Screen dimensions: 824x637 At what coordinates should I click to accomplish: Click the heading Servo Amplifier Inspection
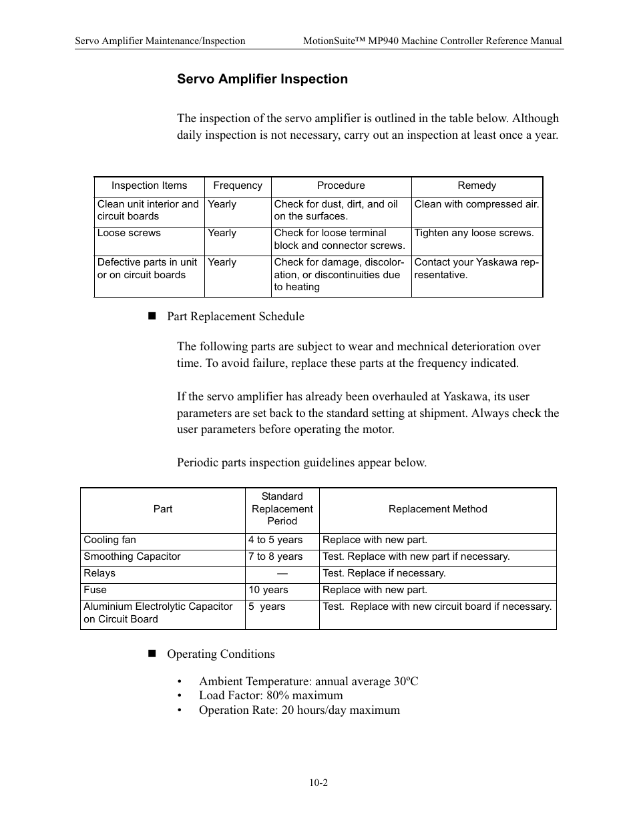[x=262, y=79]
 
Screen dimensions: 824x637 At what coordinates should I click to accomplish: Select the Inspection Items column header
[x=149, y=186]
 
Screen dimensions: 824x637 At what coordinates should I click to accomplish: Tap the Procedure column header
[x=341, y=186]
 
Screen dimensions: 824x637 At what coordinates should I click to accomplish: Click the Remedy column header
[x=477, y=186]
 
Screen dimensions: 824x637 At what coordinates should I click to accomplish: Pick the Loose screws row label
[x=129, y=234]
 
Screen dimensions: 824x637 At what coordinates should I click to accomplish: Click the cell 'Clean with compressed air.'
[x=476, y=205]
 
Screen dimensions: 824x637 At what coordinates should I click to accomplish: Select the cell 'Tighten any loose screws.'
[x=473, y=234]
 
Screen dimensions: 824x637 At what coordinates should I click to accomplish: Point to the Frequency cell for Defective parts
[x=222, y=263]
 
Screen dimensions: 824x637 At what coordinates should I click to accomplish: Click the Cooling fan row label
[x=110, y=540]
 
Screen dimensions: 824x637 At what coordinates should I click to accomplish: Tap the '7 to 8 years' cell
[x=275, y=557]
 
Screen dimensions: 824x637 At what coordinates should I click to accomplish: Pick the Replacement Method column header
[x=437, y=510]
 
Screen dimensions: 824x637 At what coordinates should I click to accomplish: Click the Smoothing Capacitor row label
[x=132, y=557]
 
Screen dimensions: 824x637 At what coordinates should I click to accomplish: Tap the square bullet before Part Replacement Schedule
[x=151, y=316]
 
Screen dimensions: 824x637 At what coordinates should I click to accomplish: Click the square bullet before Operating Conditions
[x=151, y=654]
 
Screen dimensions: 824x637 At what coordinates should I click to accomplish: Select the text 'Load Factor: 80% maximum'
[x=270, y=696]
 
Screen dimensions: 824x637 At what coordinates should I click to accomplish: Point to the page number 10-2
[x=318, y=783]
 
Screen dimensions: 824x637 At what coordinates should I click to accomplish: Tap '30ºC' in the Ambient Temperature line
[x=405, y=681]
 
